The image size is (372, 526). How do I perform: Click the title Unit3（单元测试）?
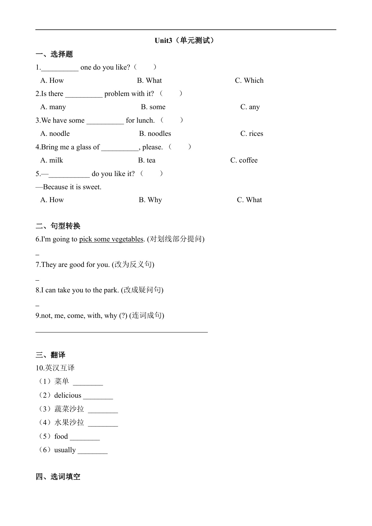pos(186,40)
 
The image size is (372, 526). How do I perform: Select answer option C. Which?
pos(249,80)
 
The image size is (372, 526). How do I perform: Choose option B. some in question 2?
pos(153,107)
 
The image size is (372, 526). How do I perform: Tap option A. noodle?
pos(55,134)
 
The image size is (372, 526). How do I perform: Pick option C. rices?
pos(251,134)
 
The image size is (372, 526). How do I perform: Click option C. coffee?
pos(244,160)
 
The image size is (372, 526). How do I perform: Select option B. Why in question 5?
pos(150,200)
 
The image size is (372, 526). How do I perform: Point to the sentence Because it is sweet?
pos(72,187)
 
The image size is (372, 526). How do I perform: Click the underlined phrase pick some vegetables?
pos(111,239)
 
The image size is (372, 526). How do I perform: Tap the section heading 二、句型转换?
pos(58,226)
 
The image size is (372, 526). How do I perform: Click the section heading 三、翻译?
pos(50,355)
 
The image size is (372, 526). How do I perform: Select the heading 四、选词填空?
pos(58,477)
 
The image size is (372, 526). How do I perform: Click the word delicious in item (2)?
pos(68,396)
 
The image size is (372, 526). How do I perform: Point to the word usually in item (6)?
pos(65,450)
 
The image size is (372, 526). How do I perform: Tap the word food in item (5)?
pos(61,437)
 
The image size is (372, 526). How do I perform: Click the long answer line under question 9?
pos(121,332)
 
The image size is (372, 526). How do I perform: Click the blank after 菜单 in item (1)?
pos(88,384)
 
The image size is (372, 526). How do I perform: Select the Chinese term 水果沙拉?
pos(69,423)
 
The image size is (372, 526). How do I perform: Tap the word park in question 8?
pos(111,290)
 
